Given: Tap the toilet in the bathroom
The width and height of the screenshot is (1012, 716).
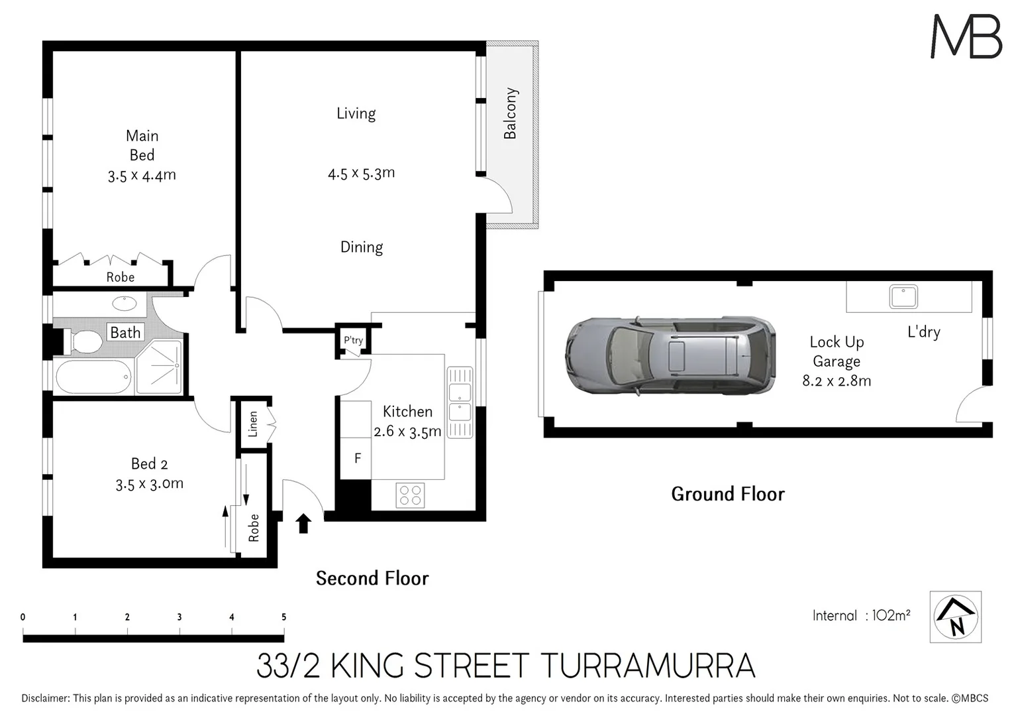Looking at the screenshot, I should [x=83, y=342].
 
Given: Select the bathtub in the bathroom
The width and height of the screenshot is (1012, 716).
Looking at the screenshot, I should [x=93, y=377].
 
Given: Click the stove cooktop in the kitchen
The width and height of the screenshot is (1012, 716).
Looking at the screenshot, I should [x=410, y=495].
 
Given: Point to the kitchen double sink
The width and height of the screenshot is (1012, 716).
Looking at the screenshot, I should [x=460, y=402].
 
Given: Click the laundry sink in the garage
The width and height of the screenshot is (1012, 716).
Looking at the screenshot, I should [x=903, y=296].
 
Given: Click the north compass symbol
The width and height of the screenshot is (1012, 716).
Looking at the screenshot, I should [x=955, y=617].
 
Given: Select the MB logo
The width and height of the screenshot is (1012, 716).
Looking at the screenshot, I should [x=966, y=36].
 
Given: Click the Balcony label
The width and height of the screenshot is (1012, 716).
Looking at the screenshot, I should [x=510, y=113].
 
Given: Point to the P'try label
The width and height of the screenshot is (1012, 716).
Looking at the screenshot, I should [x=353, y=340].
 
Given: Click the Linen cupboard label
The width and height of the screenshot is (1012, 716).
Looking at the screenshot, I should [x=253, y=424].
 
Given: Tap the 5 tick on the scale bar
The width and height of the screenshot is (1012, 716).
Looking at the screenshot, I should [x=284, y=617].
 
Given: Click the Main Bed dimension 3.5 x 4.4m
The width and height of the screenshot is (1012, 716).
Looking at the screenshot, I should [x=142, y=176].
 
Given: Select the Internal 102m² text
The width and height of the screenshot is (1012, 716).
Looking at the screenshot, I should [x=861, y=615].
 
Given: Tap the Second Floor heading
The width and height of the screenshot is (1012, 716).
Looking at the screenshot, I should [x=372, y=579].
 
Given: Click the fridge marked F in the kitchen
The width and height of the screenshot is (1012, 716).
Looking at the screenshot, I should [x=358, y=458].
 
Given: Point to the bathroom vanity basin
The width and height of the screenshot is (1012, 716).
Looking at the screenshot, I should [x=125, y=304].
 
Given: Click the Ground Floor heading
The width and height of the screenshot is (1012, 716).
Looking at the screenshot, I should [x=728, y=494].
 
